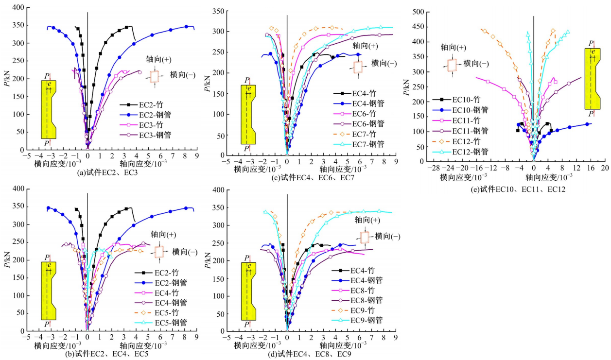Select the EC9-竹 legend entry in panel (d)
pos(350,310)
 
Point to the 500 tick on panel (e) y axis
pos(419,12)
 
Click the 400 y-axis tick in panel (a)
pos(17,7)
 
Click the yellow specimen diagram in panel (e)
pos(592,79)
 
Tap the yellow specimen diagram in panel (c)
pos(248,114)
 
